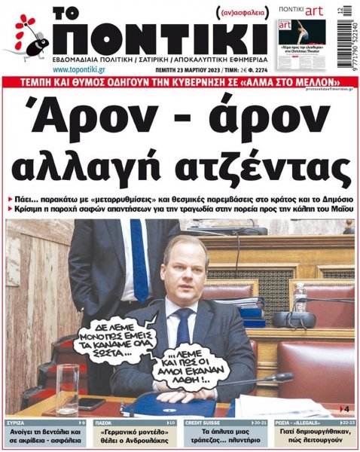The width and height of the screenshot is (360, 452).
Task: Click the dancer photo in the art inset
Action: pos(307,33)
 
